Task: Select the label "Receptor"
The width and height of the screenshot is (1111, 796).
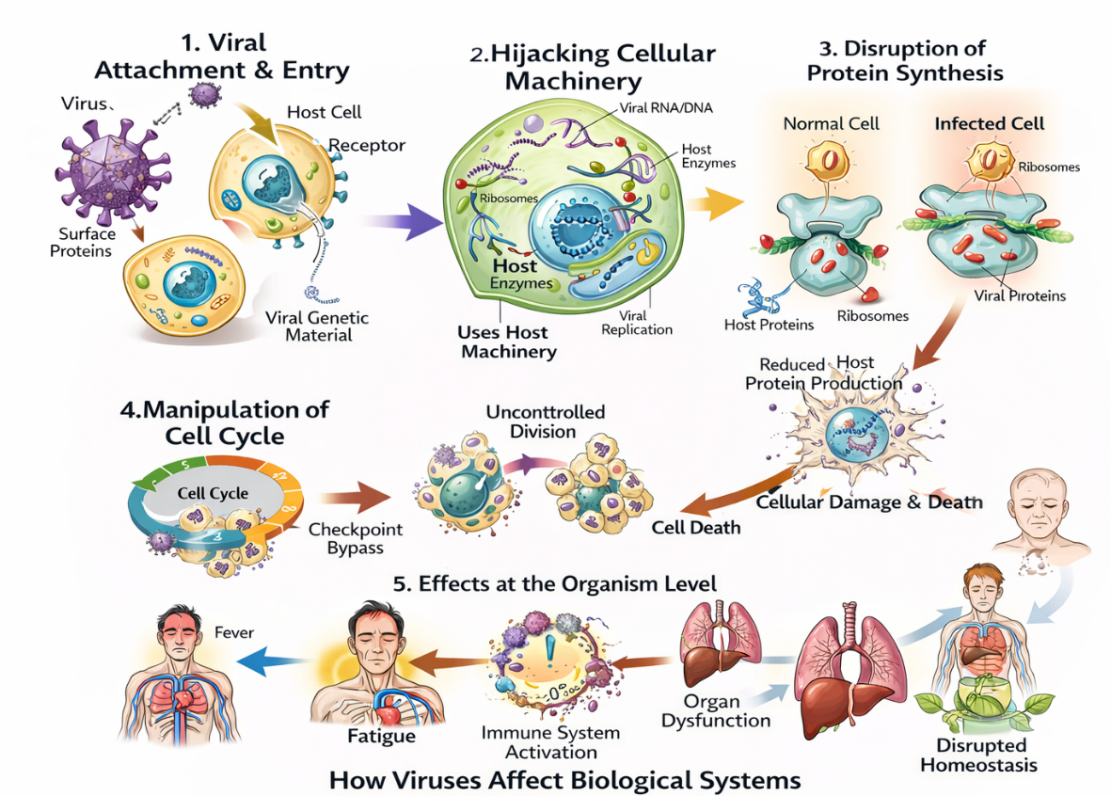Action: (x=367, y=146)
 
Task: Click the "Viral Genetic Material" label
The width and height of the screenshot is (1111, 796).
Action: (x=317, y=326)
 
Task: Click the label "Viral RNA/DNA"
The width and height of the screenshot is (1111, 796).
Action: (x=666, y=108)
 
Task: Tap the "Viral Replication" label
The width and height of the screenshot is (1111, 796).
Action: (x=637, y=323)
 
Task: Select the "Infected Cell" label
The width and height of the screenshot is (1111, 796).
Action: (x=989, y=124)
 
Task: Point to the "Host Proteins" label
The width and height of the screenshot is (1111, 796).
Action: (x=769, y=325)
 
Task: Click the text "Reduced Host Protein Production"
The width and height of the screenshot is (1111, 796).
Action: (x=823, y=374)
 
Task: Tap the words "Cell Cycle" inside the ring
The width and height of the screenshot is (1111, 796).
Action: (x=214, y=492)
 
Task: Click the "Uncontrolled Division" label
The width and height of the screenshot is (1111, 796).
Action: (x=545, y=422)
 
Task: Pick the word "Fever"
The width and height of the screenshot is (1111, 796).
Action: (x=235, y=632)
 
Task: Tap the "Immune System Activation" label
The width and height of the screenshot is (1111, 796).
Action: (x=550, y=741)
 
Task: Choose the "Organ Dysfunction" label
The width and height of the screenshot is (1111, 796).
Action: (x=715, y=711)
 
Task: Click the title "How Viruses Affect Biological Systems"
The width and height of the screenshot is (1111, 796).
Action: (x=564, y=780)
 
